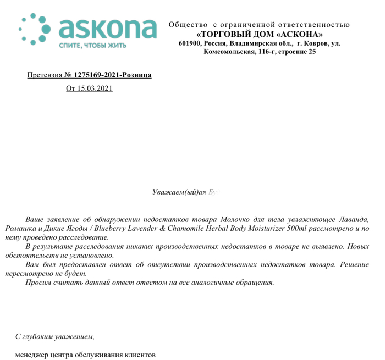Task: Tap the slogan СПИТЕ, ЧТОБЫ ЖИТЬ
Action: pyautogui.click(x=92, y=46)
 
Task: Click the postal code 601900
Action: pyautogui.click(x=190, y=43)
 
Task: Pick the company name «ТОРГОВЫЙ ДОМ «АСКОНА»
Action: pyautogui.click(x=259, y=34)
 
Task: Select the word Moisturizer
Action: pyautogui.click(x=256, y=228)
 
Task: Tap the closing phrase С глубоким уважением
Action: pyautogui.click(x=55, y=336)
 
